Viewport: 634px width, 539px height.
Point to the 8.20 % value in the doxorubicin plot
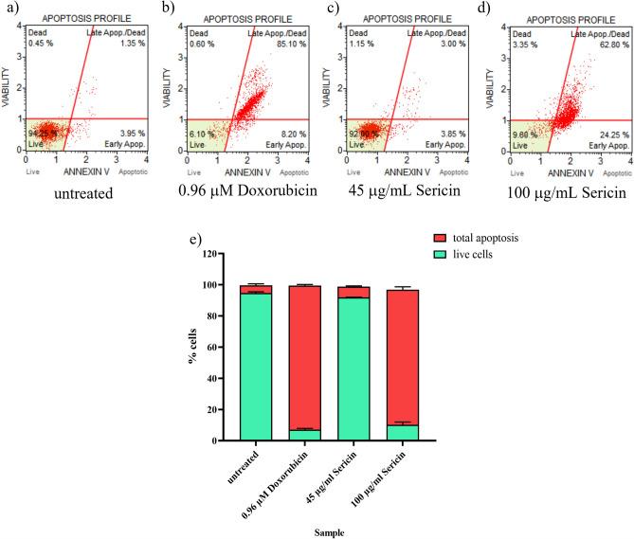[x=290, y=135]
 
